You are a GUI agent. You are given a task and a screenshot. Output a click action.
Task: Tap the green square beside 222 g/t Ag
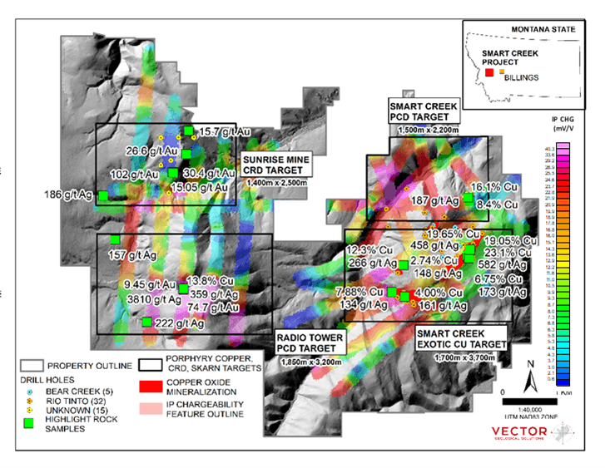click(x=146, y=322)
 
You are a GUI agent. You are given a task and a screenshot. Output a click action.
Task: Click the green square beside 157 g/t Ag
click(x=114, y=239)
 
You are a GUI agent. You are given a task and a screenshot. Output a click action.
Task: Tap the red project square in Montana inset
click(x=489, y=73)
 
